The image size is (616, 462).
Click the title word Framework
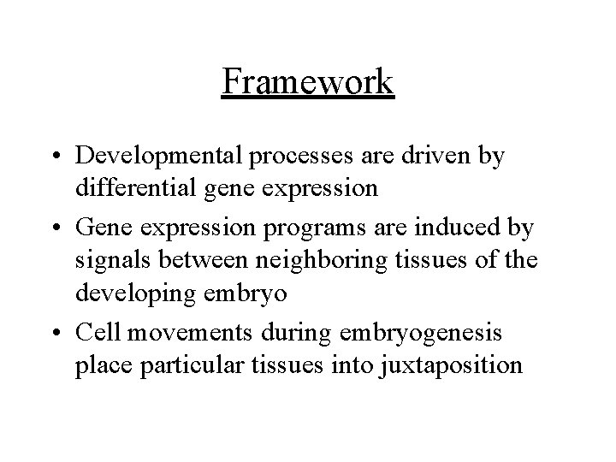point(308,82)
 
